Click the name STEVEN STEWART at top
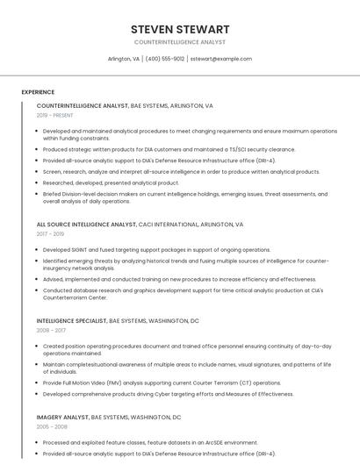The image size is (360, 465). (180, 29)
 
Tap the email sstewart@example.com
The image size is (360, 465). (220, 59)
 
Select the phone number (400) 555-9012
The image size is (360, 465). (165, 59)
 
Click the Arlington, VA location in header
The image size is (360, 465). (124, 59)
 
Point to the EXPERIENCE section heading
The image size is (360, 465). (38, 92)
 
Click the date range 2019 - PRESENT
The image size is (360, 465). (55, 115)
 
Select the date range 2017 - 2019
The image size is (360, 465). (51, 234)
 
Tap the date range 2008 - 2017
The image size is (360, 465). (51, 331)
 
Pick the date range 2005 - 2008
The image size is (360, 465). (51, 426)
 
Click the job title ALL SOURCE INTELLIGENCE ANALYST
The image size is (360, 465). (86, 225)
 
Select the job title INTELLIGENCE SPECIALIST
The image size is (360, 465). (72, 321)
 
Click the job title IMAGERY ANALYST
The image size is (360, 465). (62, 417)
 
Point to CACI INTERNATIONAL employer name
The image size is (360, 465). (169, 225)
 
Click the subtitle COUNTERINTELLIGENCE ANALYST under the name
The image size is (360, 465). (180, 42)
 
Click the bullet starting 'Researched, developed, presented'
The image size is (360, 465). (111, 182)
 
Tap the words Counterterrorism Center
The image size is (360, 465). (76, 297)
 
